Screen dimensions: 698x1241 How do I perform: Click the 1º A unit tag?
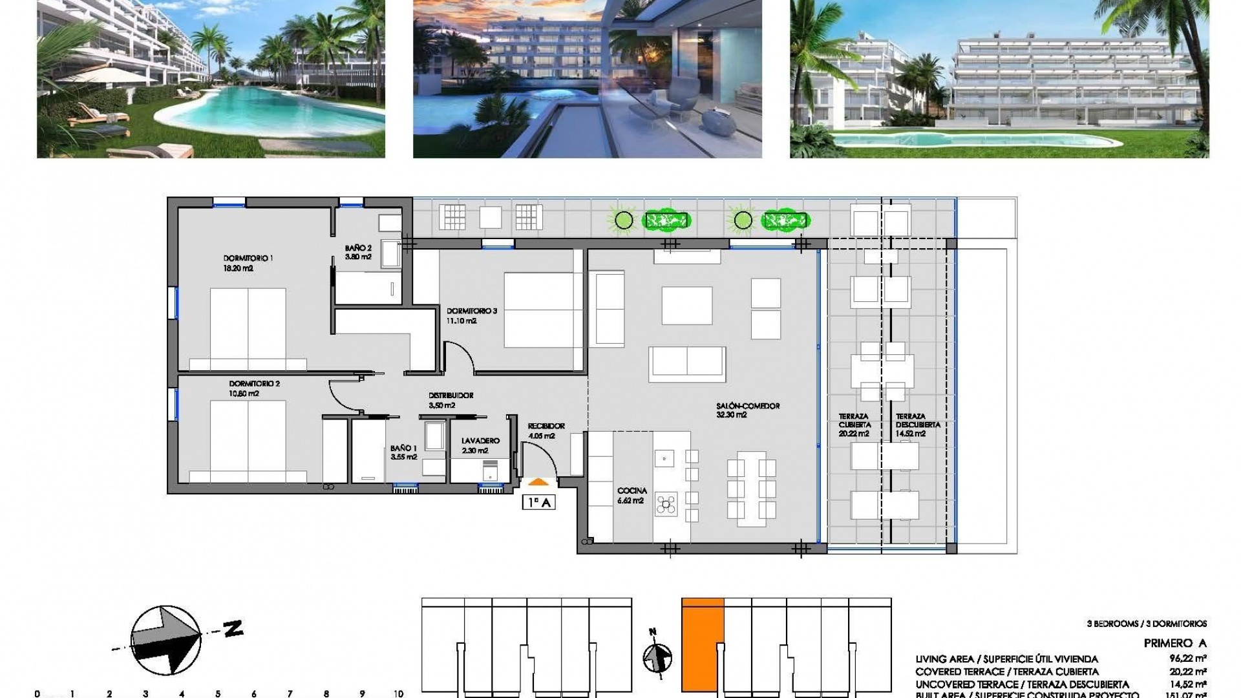pyautogui.click(x=538, y=502)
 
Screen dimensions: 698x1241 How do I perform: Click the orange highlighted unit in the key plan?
pyautogui.click(x=702, y=646)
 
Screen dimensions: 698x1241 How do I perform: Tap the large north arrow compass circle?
pyautogui.click(x=165, y=640)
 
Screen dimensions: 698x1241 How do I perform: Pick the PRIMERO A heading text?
pyautogui.click(x=1174, y=643)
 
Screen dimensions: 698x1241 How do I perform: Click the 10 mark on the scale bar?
pyautogui.click(x=398, y=693)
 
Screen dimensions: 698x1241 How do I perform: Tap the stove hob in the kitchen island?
pyautogui.click(x=666, y=503)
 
